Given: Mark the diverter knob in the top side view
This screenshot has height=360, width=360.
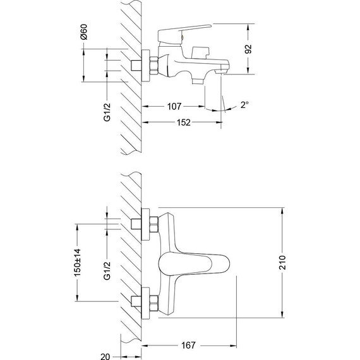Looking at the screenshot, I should click(202, 52).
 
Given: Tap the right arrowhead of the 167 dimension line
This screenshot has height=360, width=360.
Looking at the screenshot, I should click(235, 345).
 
